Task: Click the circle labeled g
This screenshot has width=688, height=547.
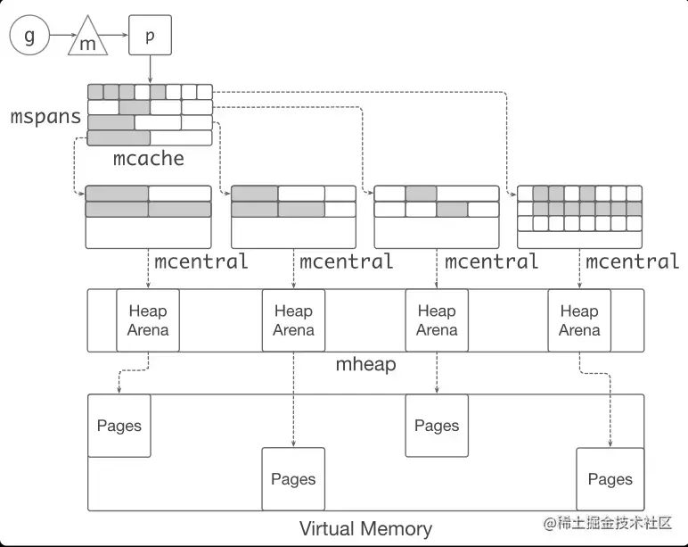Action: pyautogui.click(x=29, y=36)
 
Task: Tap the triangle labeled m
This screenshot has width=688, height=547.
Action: pyautogui.click(x=88, y=39)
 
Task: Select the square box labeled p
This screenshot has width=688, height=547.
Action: pyautogui.click(x=150, y=35)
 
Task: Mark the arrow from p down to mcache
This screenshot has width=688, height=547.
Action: pyautogui.click(x=150, y=69)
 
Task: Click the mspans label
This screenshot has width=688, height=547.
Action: pyautogui.click(x=45, y=116)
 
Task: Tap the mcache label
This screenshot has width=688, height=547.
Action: pyautogui.click(x=149, y=159)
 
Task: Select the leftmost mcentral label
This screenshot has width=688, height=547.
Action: pyautogui.click(x=201, y=261)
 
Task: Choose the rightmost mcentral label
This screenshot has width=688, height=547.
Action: pyautogui.click(x=633, y=261)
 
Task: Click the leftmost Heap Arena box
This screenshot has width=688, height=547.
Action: pyautogui.click(x=148, y=320)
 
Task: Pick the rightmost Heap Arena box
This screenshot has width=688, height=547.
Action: pyautogui.click(x=579, y=320)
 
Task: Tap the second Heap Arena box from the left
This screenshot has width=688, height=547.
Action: pyautogui.click(x=293, y=320)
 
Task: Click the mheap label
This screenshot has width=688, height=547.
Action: pyautogui.click(x=365, y=364)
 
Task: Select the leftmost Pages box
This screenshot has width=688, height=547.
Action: pyautogui.click(x=119, y=425)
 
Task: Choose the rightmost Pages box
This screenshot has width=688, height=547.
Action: pyautogui.click(x=610, y=479)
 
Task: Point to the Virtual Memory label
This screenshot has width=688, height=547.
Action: pyautogui.click(x=365, y=528)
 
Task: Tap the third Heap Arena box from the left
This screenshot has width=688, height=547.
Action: pyautogui.click(x=437, y=320)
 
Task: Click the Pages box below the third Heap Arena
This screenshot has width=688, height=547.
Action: pyautogui.click(x=437, y=425)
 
